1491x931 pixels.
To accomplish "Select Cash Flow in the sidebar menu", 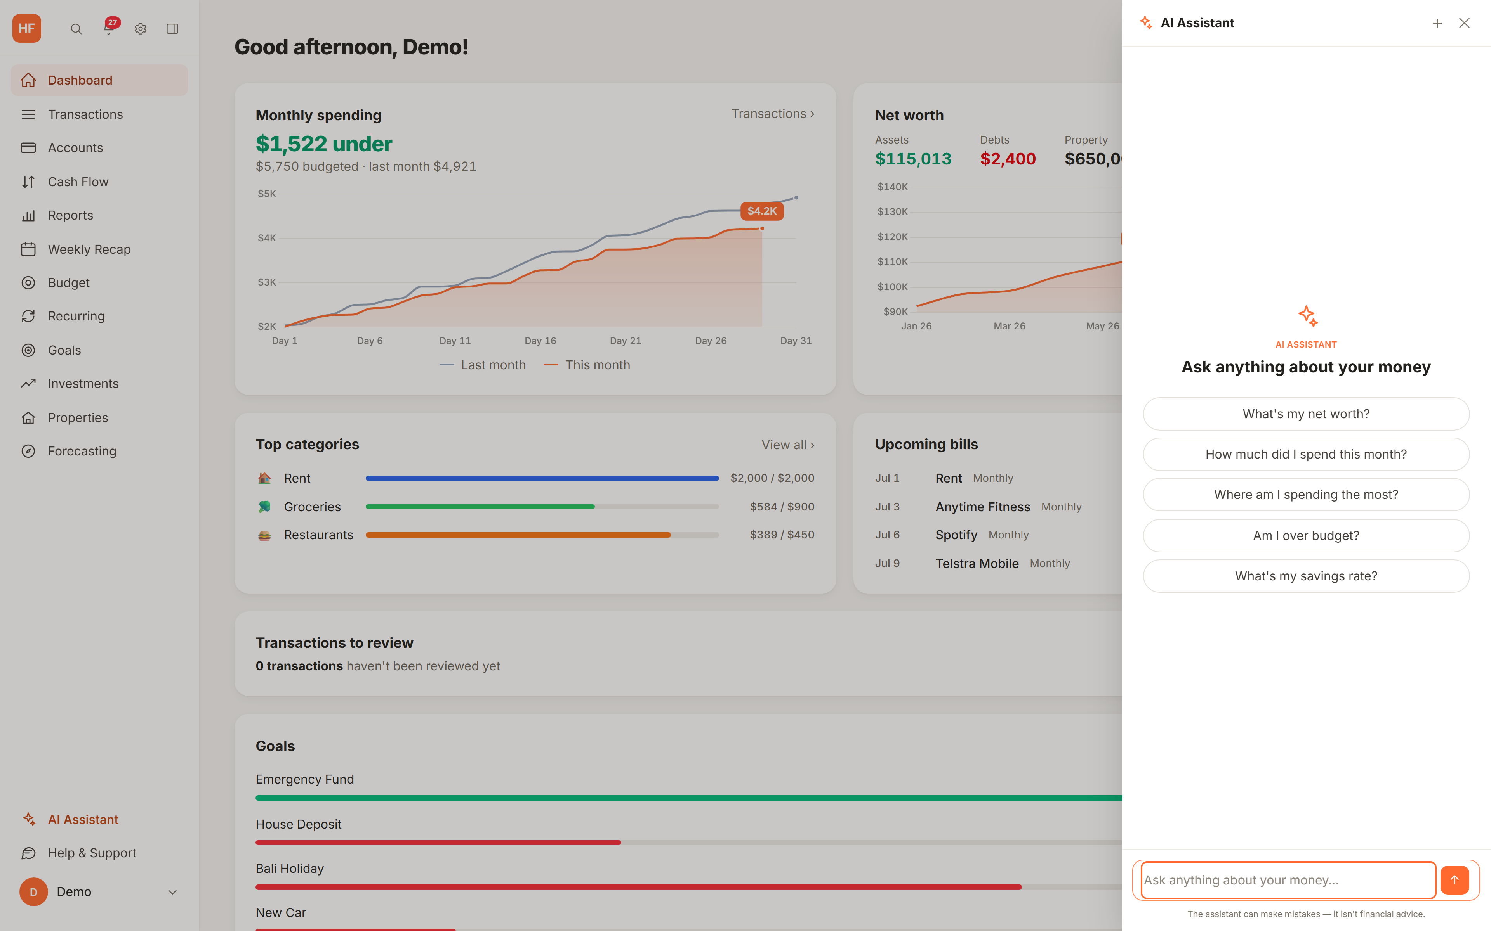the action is pyautogui.click(x=78, y=182).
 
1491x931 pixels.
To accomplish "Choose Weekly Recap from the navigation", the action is pyautogui.click(x=89, y=249).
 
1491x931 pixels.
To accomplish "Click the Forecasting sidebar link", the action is pyautogui.click(x=82, y=451).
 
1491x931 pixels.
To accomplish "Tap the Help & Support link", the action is pyautogui.click(x=92, y=853).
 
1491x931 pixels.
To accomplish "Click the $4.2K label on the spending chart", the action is pyautogui.click(x=761, y=211).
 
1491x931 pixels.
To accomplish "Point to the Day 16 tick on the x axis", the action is pyautogui.click(x=540, y=341).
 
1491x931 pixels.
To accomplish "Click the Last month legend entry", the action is pyautogui.click(x=483, y=365).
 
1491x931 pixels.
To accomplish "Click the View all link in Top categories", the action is pyautogui.click(x=787, y=445).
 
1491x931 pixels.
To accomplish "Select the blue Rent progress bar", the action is pyautogui.click(x=542, y=478).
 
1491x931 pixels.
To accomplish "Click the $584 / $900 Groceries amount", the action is pyautogui.click(x=782, y=507).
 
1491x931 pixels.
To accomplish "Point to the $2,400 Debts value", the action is pyautogui.click(x=1008, y=159).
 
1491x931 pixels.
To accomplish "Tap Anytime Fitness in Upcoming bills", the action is pyautogui.click(x=983, y=507).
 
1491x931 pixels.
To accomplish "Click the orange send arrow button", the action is pyautogui.click(x=1455, y=880).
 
